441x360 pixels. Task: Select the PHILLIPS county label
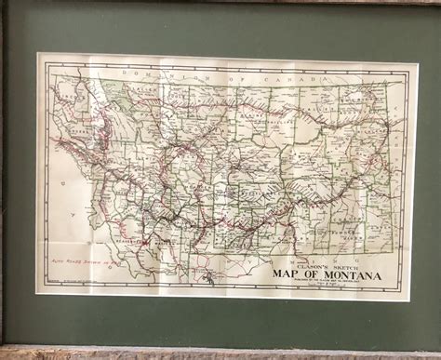[x=279, y=98]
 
